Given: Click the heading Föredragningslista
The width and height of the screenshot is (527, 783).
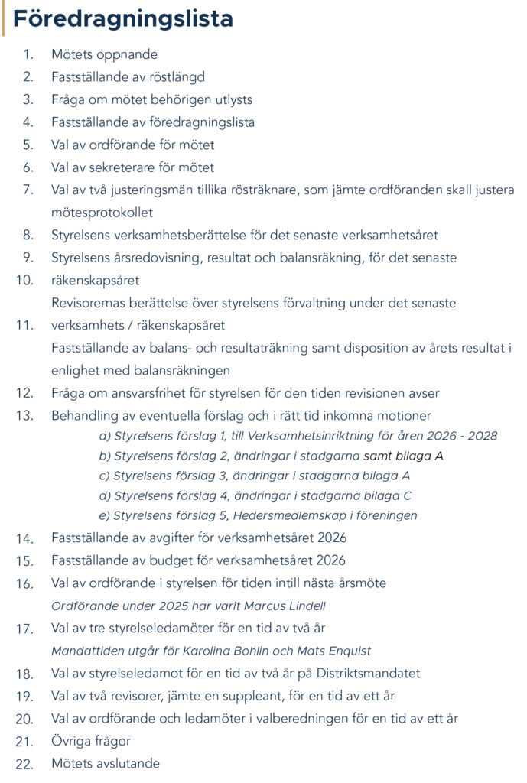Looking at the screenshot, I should pos(123,18).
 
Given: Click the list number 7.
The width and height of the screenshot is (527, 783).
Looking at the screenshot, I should pos(28,190).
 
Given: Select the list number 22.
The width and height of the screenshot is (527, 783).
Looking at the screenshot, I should pos(24,764).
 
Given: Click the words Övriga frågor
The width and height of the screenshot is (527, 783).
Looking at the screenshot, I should pos(91,741).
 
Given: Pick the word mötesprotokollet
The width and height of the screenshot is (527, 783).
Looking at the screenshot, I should pos(102,213).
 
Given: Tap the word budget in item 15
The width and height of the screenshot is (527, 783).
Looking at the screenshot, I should pos(175,560).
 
